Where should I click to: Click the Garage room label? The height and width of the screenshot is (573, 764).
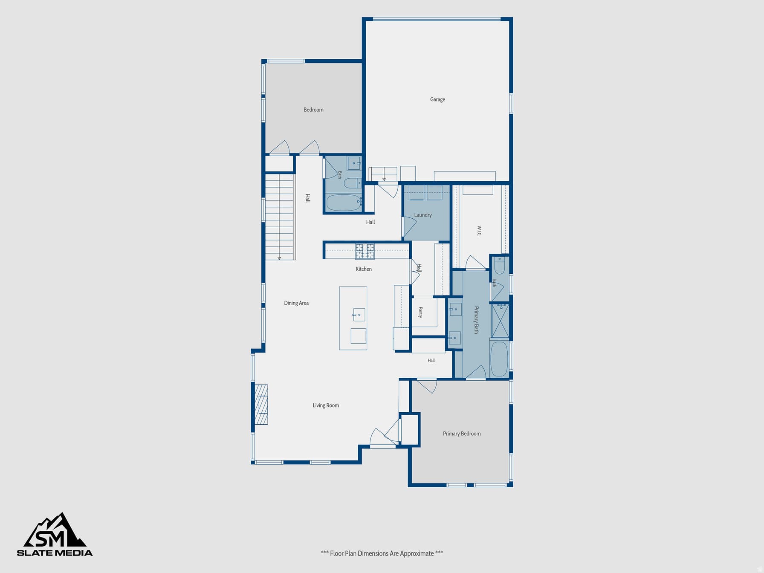tap(437, 99)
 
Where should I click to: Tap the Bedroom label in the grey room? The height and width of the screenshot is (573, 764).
tap(313, 110)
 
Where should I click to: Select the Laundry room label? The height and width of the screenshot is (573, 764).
tap(423, 215)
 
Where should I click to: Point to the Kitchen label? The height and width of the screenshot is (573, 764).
tap(364, 269)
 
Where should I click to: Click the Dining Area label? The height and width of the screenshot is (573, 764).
tap(296, 303)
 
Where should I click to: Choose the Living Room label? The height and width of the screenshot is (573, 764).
tap(326, 405)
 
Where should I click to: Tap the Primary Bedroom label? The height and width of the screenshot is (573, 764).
tap(462, 434)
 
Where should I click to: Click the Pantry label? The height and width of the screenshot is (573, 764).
tap(420, 313)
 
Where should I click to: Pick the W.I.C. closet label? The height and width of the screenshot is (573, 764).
tap(479, 231)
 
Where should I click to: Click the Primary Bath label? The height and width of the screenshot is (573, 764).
tap(477, 320)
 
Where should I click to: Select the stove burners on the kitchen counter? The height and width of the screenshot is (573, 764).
tap(365, 252)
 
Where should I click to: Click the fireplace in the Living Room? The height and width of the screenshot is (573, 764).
tap(261, 405)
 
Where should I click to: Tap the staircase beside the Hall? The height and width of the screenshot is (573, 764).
tap(280, 217)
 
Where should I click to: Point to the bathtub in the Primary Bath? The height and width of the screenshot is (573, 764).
tap(499, 359)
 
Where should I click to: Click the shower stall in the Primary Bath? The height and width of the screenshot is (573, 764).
tap(501, 320)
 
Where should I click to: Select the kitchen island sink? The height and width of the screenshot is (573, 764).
tap(359, 315)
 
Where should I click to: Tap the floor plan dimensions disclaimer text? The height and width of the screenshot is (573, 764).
tap(382, 553)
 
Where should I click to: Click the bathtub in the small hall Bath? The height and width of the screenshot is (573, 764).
tap(344, 203)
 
